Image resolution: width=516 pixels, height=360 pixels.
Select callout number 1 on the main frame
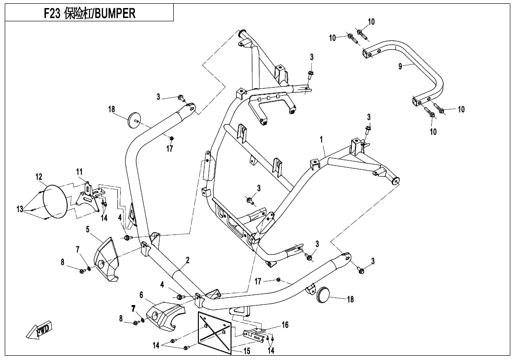(x=321, y=140)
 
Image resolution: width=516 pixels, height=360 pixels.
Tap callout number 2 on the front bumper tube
(x=187, y=260)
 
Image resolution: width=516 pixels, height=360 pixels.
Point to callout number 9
(x=400, y=66)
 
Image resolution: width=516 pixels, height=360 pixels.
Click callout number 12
(x=39, y=176)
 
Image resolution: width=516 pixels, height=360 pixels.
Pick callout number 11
(x=79, y=171)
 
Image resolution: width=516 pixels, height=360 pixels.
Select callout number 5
(x=88, y=230)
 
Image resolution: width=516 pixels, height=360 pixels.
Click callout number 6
(x=141, y=295)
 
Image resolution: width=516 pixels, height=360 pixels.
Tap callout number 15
(x=247, y=351)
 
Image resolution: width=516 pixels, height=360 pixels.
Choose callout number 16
(x=285, y=325)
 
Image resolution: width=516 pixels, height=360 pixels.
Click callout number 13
(x=20, y=208)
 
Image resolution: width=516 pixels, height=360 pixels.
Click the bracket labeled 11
(x=87, y=195)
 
